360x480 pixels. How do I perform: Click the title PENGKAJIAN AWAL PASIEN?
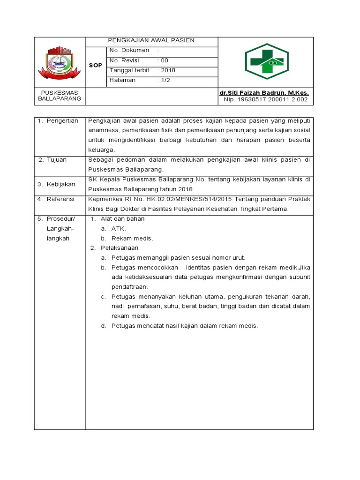(151, 41)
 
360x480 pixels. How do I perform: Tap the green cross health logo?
(267, 61)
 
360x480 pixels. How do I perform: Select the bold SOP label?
(95, 66)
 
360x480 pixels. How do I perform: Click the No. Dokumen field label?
(129, 51)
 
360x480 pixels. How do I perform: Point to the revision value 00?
(165, 60)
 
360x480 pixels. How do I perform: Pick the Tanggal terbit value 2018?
(167, 70)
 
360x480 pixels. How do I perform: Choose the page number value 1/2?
(166, 80)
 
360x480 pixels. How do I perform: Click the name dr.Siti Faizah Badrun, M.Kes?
(264, 93)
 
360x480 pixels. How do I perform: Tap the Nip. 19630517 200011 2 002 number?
(265, 99)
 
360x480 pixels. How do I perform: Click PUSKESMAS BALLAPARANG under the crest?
(60, 96)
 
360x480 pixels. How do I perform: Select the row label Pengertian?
(62, 121)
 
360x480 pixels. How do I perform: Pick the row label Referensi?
(60, 199)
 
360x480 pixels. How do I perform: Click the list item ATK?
(119, 229)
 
